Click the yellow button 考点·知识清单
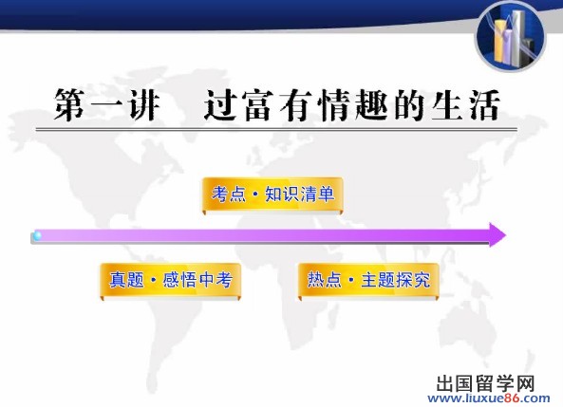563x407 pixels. [272, 195]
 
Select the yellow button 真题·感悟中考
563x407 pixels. [171, 281]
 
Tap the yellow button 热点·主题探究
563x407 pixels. [368, 281]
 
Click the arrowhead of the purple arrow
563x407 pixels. [497, 235]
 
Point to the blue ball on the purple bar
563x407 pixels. [37, 236]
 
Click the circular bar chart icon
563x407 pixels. [510, 37]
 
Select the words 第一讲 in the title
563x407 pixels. [106, 104]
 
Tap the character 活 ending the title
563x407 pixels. [483, 104]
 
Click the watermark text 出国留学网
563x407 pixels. [486, 383]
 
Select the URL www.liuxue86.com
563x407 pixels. [489, 398]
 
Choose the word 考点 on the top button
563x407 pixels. [229, 194]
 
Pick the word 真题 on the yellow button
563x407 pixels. [126, 280]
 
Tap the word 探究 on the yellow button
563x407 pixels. [413, 280]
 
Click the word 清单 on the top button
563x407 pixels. [317, 194]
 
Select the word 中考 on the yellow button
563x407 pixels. [215, 280]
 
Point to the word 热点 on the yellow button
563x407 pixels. [325, 280]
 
